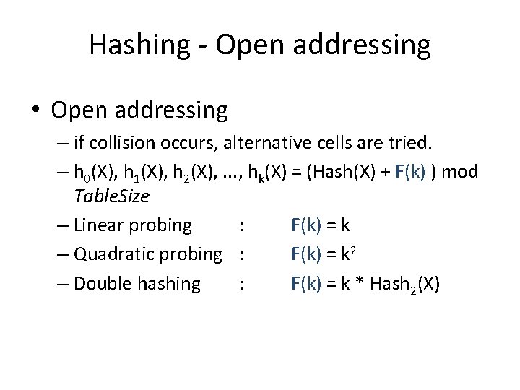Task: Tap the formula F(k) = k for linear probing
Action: point(320,225)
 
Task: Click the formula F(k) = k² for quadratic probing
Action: point(323,254)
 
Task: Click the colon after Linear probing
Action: point(240,226)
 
